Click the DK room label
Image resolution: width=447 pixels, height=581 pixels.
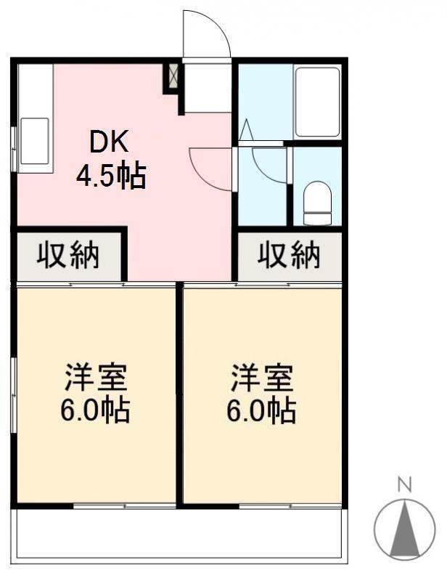click(x=110, y=142)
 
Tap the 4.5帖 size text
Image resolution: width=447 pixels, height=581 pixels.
click(x=111, y=176)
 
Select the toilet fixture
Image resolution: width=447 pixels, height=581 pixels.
click(x=317, y=203)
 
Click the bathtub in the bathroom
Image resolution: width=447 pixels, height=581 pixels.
click(x=318, y=102)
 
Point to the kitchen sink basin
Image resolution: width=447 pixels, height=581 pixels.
click(x=34, y=141)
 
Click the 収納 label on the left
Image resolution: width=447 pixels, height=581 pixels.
click(x=68, y=255)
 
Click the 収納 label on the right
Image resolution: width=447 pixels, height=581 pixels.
click(x=289, y=255)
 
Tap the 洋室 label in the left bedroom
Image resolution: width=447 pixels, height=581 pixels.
click(x=96, y=378)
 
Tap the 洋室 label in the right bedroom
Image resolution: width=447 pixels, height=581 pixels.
click(x=262, y=378)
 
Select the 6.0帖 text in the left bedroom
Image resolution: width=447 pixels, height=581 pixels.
click(x=95, y=410)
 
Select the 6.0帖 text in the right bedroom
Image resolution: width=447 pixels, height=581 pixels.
click(x=261, y=410)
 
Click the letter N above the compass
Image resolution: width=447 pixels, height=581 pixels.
click(x=404, y=485)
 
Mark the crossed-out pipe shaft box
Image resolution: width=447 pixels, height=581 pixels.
click(x=173, y=76)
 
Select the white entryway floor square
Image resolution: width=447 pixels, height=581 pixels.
click(x=208, y=88)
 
